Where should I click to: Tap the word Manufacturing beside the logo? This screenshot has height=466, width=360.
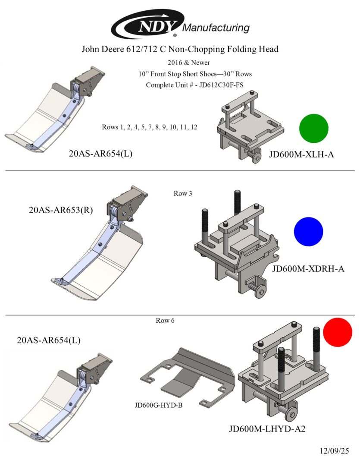pos(216,28)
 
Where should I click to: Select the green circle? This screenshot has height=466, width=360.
pos(314,128)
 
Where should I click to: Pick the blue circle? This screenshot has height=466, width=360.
pos(308,232)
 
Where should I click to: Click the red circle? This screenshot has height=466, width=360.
pos(338,332)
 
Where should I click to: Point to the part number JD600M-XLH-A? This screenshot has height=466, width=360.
pos(301,154)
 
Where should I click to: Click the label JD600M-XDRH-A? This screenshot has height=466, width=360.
pos(308,269)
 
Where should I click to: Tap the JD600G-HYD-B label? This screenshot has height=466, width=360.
pos(159,405)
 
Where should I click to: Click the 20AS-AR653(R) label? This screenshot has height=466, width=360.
pos(60,211)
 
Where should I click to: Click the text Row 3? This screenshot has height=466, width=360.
pos(183,193)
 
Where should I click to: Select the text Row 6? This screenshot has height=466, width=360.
pos(165,321)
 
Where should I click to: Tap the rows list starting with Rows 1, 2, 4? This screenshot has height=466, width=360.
pos(150,127)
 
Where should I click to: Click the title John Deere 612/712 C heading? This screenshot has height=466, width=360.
pos(180,49)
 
